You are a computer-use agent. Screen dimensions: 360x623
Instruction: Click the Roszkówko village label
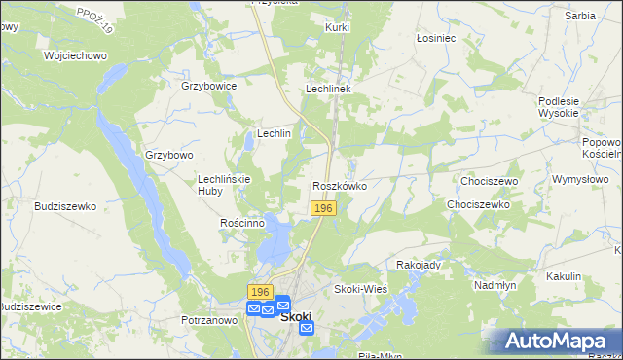(x=340, y=185)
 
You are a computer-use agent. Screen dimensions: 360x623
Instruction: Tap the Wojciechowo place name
(x=75, y=55)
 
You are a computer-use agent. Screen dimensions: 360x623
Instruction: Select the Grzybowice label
(x=209, y=86)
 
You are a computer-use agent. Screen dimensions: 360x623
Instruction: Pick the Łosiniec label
(x=435, y=38)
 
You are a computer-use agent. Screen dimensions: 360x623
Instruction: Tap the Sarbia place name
(x=579, y=16)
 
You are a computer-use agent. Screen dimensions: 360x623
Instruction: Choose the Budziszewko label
(x=65, y=206)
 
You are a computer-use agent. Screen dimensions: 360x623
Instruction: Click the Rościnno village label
(x=242, y=223)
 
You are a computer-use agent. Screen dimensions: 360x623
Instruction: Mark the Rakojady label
(x=420, y=264)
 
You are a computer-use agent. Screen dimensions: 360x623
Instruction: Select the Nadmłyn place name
(x=494, y=285)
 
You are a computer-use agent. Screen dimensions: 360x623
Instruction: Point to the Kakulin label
(x=563, y=276)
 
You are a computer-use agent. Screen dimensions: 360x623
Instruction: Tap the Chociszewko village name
(x=478, y=205)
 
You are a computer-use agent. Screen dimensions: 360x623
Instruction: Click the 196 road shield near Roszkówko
(x=324, y=209)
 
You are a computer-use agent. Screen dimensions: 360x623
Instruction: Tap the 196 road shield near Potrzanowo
(x=259, y=292)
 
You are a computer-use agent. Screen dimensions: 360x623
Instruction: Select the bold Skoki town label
(x=295, y=315)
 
